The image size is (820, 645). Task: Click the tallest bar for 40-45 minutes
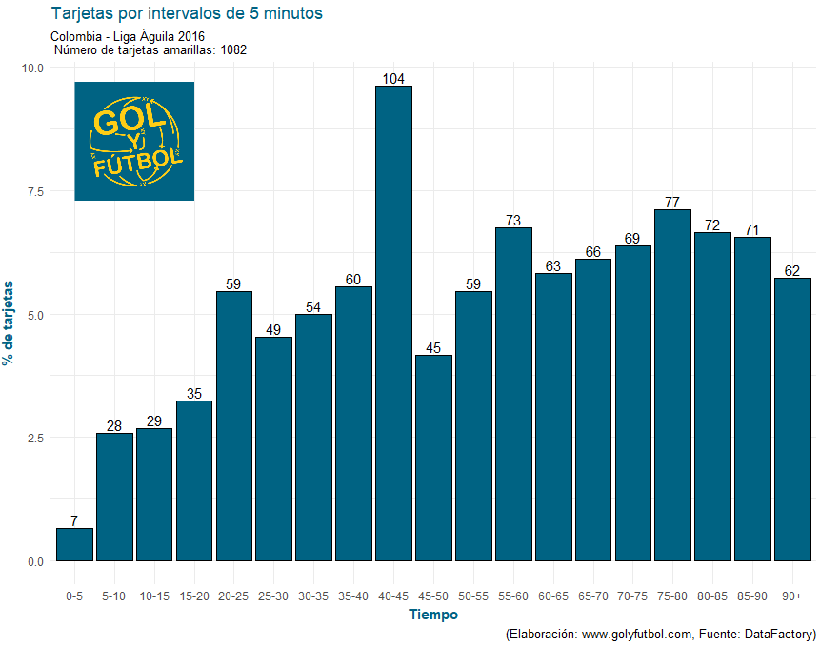[393, 323]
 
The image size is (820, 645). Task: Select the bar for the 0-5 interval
[74, 545]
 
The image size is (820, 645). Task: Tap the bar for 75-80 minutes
[672, 385]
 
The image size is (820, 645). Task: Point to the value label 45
[433, 348]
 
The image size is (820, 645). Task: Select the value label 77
[672, 203]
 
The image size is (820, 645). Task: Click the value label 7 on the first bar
[74, 521]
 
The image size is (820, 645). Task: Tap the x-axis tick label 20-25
[233, 596]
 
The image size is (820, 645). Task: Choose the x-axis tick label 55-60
[512, 596]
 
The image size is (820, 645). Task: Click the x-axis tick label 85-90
[752, 596]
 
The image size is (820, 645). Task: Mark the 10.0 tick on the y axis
[32, 68]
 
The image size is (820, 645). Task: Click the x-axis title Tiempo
[432, 615]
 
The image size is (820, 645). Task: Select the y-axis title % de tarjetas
[10, 322]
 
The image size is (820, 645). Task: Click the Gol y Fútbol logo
[134, 141]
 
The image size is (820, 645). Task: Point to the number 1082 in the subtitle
[233, 50]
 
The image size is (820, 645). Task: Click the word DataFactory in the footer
[779, 634]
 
